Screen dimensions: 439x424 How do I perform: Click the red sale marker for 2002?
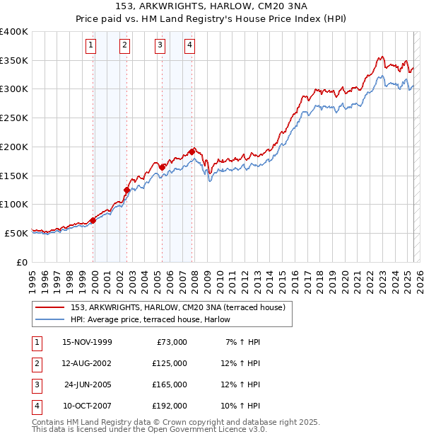tap(126, 190)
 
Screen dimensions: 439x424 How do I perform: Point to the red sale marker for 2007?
tap(192, 152)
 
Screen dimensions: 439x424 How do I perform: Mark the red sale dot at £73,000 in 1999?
tap(93, 220)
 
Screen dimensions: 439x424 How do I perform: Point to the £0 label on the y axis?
tap(23, 261)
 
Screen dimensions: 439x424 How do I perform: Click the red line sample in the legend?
tap(50, 307)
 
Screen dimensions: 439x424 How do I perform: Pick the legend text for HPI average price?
tap(155, 319)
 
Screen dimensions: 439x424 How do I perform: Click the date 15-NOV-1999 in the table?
tap(87, 342)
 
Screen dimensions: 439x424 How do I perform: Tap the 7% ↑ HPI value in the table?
tap(241, 342)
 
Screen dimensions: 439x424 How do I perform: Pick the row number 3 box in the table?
tap(36, 384)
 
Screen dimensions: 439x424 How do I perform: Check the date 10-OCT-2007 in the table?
tap(87, 406)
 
